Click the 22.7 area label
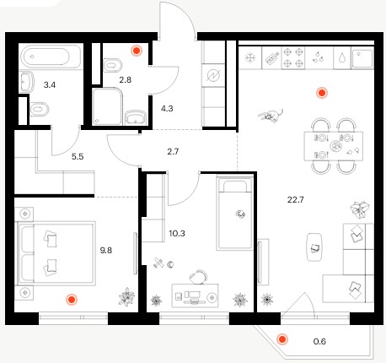[x=295, y=200]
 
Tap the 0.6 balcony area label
[x=319, y=341]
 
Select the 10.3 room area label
[x=177, y=233]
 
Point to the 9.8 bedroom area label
[x=106, y=250]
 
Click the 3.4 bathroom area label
[x=50, y=84]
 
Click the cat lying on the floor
[x=271, y=116]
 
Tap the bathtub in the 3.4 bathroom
[x=51, y=57]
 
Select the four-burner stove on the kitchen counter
[x=293, y=58]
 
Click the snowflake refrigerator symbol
[x=250, y=58]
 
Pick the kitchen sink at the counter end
[x=362, y=58]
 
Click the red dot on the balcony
[x=281, y=339]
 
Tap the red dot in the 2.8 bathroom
[x=137, y=51]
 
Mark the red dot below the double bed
[x=72, y=300]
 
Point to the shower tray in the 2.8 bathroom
[x=108, y=106]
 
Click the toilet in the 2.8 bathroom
[x=113, y=66]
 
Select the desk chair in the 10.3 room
[x=198, y=277]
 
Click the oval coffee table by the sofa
[x=314, y=247]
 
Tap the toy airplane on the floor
[x=158, y=263]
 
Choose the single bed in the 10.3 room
[x=234, y=213]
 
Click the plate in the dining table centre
[x=336, y=146]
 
